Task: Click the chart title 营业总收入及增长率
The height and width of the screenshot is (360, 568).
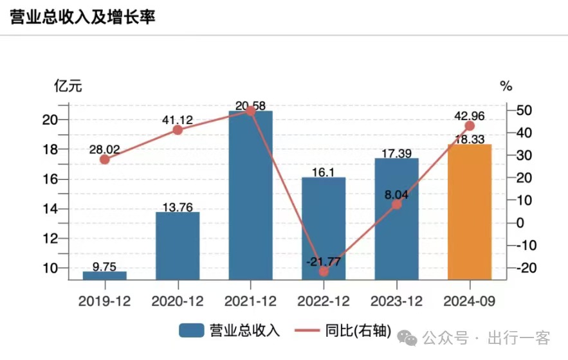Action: coord(83,17)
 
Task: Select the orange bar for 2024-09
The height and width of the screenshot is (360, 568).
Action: coord(470,212)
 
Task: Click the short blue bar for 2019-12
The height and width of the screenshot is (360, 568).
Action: coord(105,275)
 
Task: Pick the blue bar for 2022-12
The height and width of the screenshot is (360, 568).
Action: coord(324,228)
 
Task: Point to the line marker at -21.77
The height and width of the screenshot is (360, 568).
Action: coord(324,271)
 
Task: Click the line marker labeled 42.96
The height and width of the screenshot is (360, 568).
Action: coord(470,126)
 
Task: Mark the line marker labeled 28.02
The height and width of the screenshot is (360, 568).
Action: coord(105,159)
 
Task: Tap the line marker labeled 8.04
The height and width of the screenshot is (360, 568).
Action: coord(397,204)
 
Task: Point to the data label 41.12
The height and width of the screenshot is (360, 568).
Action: coord(178,119)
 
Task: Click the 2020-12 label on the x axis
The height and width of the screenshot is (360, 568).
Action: coord(178,301)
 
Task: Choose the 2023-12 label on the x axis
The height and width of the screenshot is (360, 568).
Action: coord(397,301)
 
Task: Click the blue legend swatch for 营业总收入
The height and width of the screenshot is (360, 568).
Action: coord(192,331)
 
